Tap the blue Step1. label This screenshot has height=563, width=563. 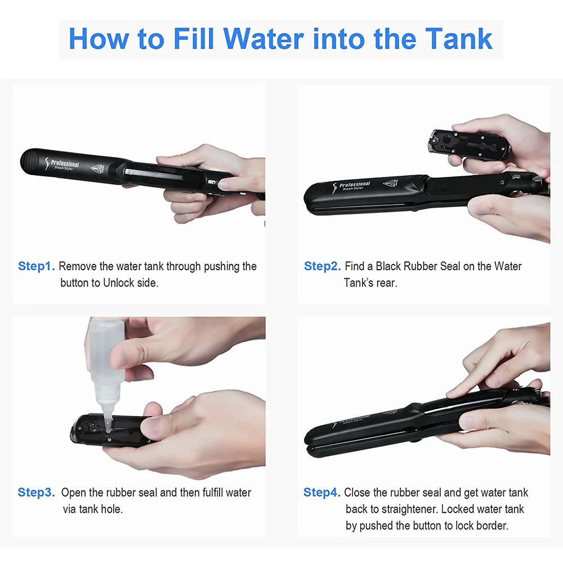point(36,266)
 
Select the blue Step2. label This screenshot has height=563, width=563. point(322,266)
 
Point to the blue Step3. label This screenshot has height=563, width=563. point(36,493)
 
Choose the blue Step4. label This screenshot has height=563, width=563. point(321,493)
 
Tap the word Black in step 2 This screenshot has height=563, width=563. point(388,266)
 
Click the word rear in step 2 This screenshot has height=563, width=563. point(387,283)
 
